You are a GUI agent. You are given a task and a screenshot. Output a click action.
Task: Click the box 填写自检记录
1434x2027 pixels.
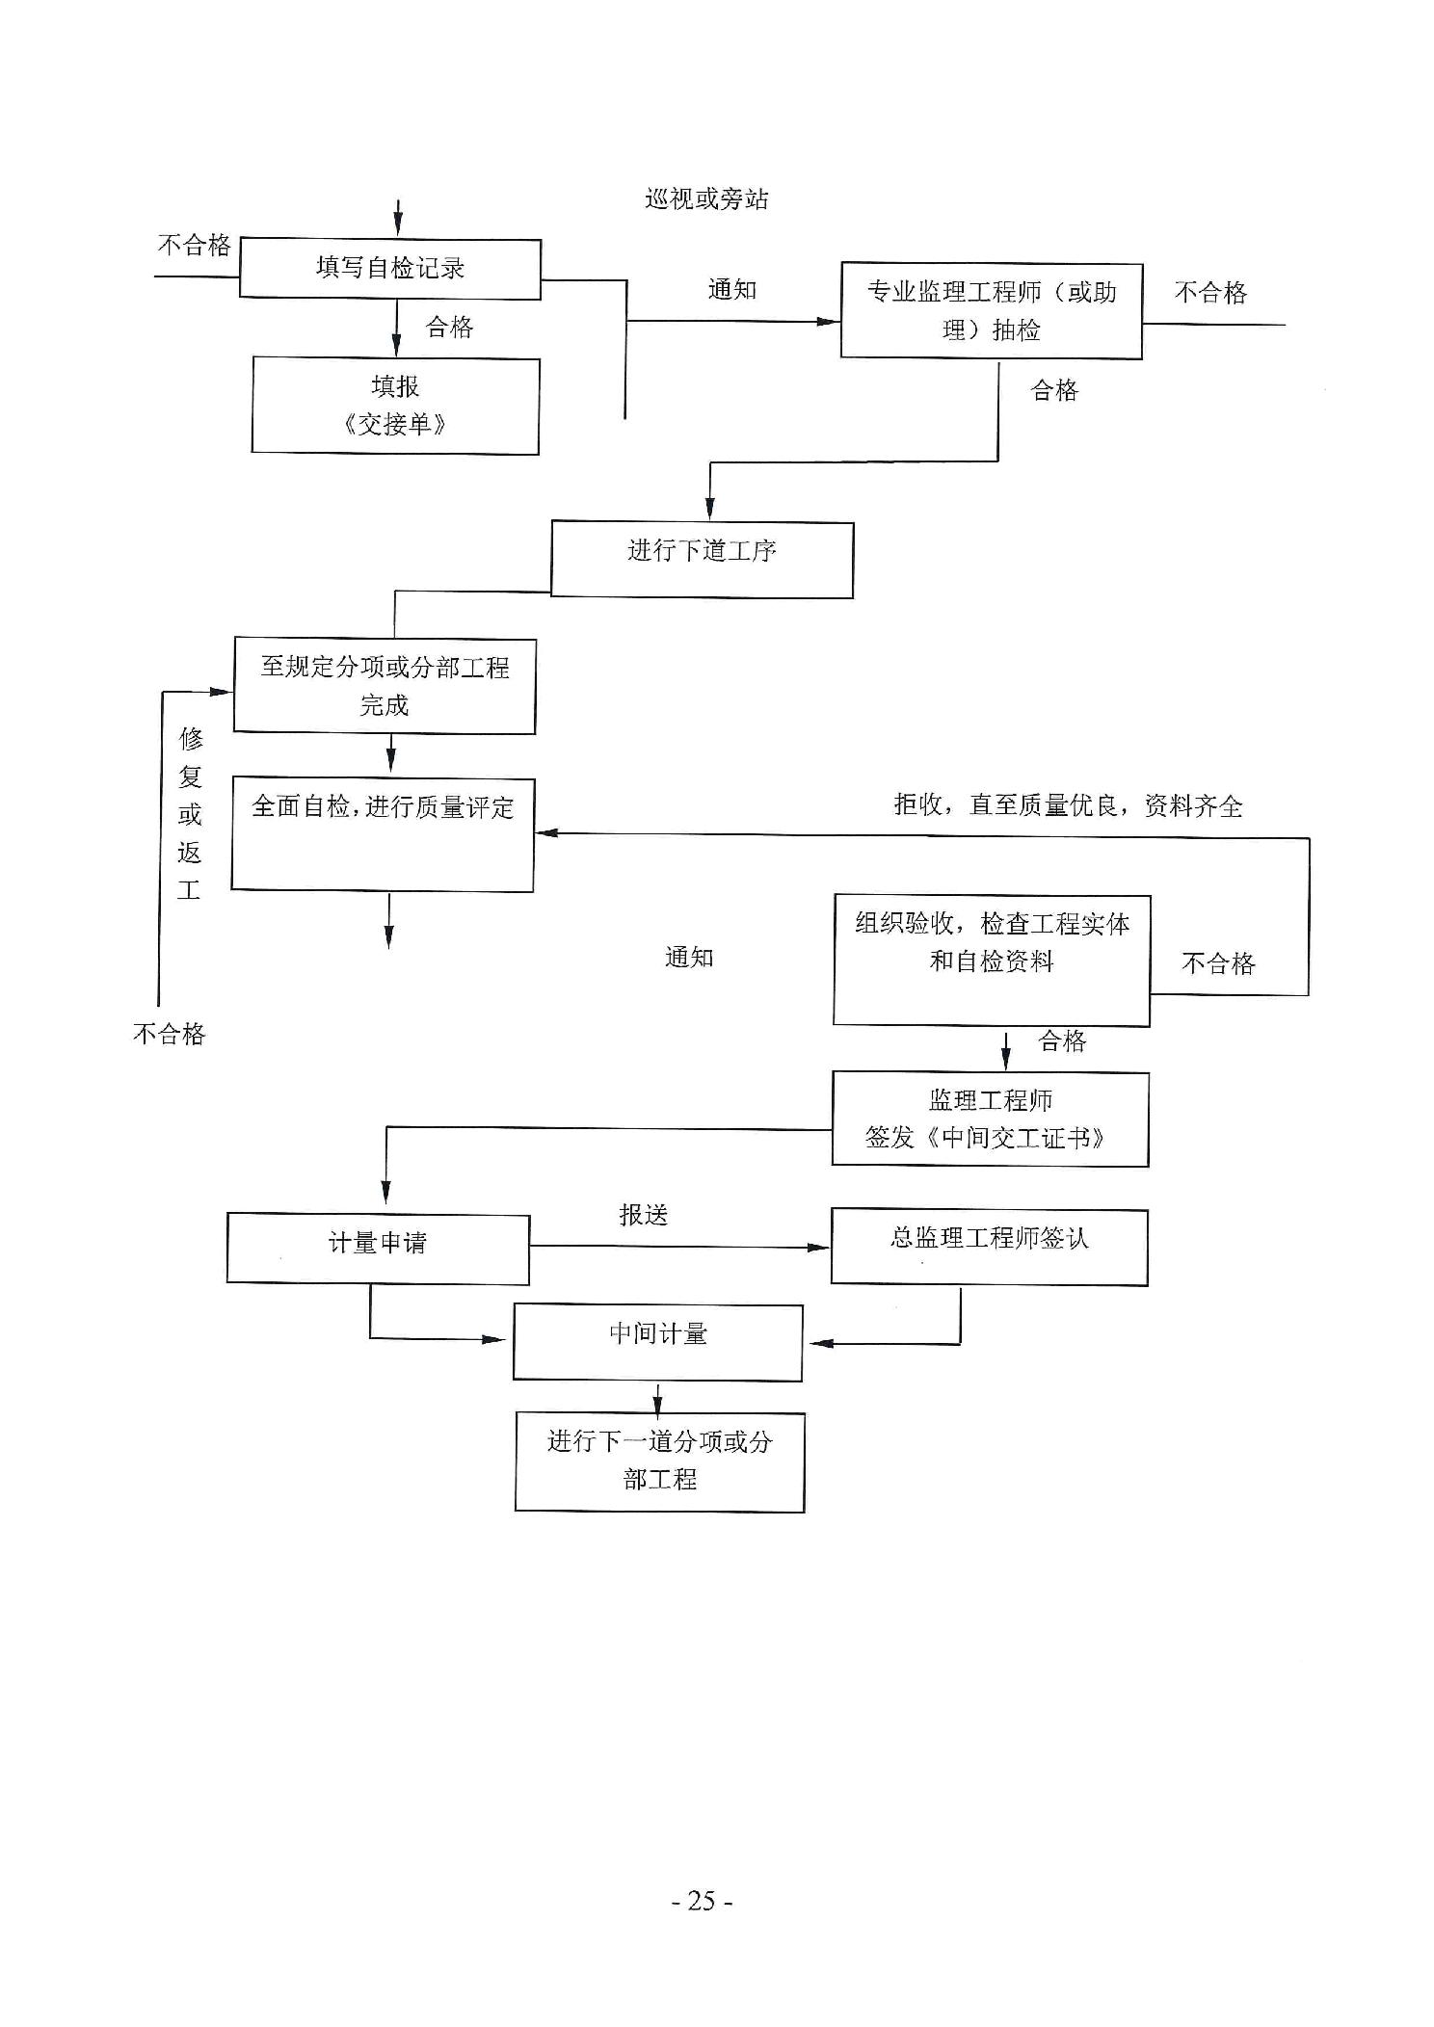[390, 269]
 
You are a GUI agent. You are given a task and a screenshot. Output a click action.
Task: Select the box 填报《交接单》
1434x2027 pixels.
[395, 406]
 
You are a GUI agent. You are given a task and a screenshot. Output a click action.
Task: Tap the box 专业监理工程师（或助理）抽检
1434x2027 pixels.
[991, 310]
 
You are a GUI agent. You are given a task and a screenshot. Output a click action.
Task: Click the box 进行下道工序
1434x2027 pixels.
[702, 559]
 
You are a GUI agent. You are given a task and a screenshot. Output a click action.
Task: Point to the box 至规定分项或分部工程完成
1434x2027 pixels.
[385, 686]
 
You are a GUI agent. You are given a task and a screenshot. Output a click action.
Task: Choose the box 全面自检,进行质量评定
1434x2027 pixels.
[383, 834]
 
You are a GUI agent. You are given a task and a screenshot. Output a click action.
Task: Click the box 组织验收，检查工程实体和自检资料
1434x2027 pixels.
[991, 960]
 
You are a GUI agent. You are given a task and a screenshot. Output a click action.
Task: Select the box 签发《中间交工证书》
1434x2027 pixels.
[990, 1119]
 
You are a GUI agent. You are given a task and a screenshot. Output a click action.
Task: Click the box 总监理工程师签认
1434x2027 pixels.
[989, 1247]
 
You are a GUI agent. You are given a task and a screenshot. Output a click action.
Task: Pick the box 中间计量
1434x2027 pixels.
[657, 1342]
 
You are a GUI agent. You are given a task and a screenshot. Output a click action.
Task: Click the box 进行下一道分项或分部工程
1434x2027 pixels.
[659, 1461]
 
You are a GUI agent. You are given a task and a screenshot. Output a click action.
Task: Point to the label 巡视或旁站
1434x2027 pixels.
[706, 199]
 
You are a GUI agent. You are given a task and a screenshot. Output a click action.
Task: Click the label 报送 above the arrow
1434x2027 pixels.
[643, 1215]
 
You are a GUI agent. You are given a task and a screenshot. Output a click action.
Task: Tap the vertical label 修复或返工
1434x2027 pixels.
[190, 814]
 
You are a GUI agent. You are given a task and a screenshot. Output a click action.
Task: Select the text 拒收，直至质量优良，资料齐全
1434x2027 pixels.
[1068, 805]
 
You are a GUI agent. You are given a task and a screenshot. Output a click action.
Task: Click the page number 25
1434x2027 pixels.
[702, 1901]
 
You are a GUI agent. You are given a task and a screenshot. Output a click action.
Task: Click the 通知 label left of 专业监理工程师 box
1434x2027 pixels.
[732, 290]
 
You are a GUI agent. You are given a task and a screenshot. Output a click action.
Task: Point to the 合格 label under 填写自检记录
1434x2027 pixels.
[450, 328]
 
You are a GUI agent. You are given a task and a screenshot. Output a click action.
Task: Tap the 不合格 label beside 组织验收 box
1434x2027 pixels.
[1218, 964]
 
